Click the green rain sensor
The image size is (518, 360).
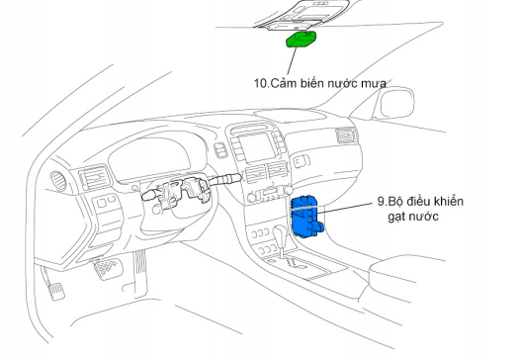click(301, 40)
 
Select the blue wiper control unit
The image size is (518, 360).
click(306, 217)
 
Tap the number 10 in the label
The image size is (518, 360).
click(262, 83)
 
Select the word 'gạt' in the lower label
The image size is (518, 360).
click(396, 217)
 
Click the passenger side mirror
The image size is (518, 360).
click(396, 103)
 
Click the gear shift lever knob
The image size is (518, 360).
click(281, 231)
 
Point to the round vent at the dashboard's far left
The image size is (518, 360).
click(58, 181)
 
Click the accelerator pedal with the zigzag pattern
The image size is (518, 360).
click(107, 268)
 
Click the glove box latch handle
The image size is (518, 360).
click(301, 161)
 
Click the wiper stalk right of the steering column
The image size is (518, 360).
click(225, 180)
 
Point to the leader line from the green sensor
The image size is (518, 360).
click(292, 62)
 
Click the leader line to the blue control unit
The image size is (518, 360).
click(346, 208)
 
